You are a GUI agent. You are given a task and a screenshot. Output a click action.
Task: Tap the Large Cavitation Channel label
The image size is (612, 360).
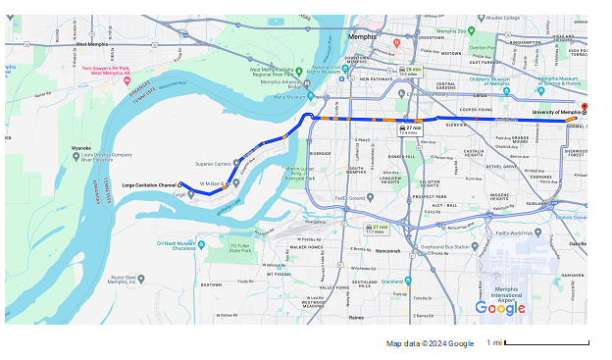[149, 184]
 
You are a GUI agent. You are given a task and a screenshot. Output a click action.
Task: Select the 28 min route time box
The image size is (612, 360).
[413, 71]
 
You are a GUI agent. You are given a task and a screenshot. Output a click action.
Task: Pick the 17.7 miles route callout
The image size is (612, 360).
[375, 230]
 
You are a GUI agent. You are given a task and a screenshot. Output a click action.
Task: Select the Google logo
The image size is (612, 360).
[499, 308]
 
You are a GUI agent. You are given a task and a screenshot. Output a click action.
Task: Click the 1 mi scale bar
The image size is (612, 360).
[560, 342]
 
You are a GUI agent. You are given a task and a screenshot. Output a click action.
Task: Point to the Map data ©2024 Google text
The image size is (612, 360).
[430, 343]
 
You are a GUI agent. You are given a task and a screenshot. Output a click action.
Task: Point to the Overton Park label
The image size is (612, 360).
[482, 47]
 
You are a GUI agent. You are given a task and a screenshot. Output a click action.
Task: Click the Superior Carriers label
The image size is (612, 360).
[214, 164]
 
